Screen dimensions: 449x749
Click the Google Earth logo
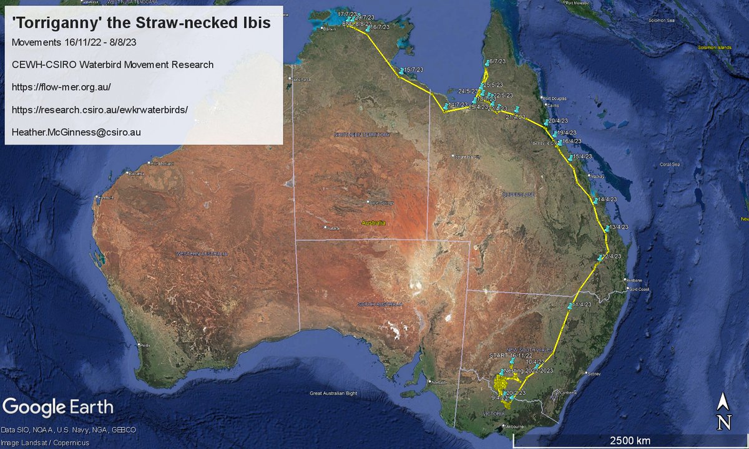(58, 408)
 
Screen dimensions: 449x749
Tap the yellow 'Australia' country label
(375, 223)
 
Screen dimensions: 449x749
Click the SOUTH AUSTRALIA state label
(380, 304)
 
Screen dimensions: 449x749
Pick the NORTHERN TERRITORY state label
(362, 135)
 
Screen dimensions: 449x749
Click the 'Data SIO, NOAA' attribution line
(68, 430)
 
